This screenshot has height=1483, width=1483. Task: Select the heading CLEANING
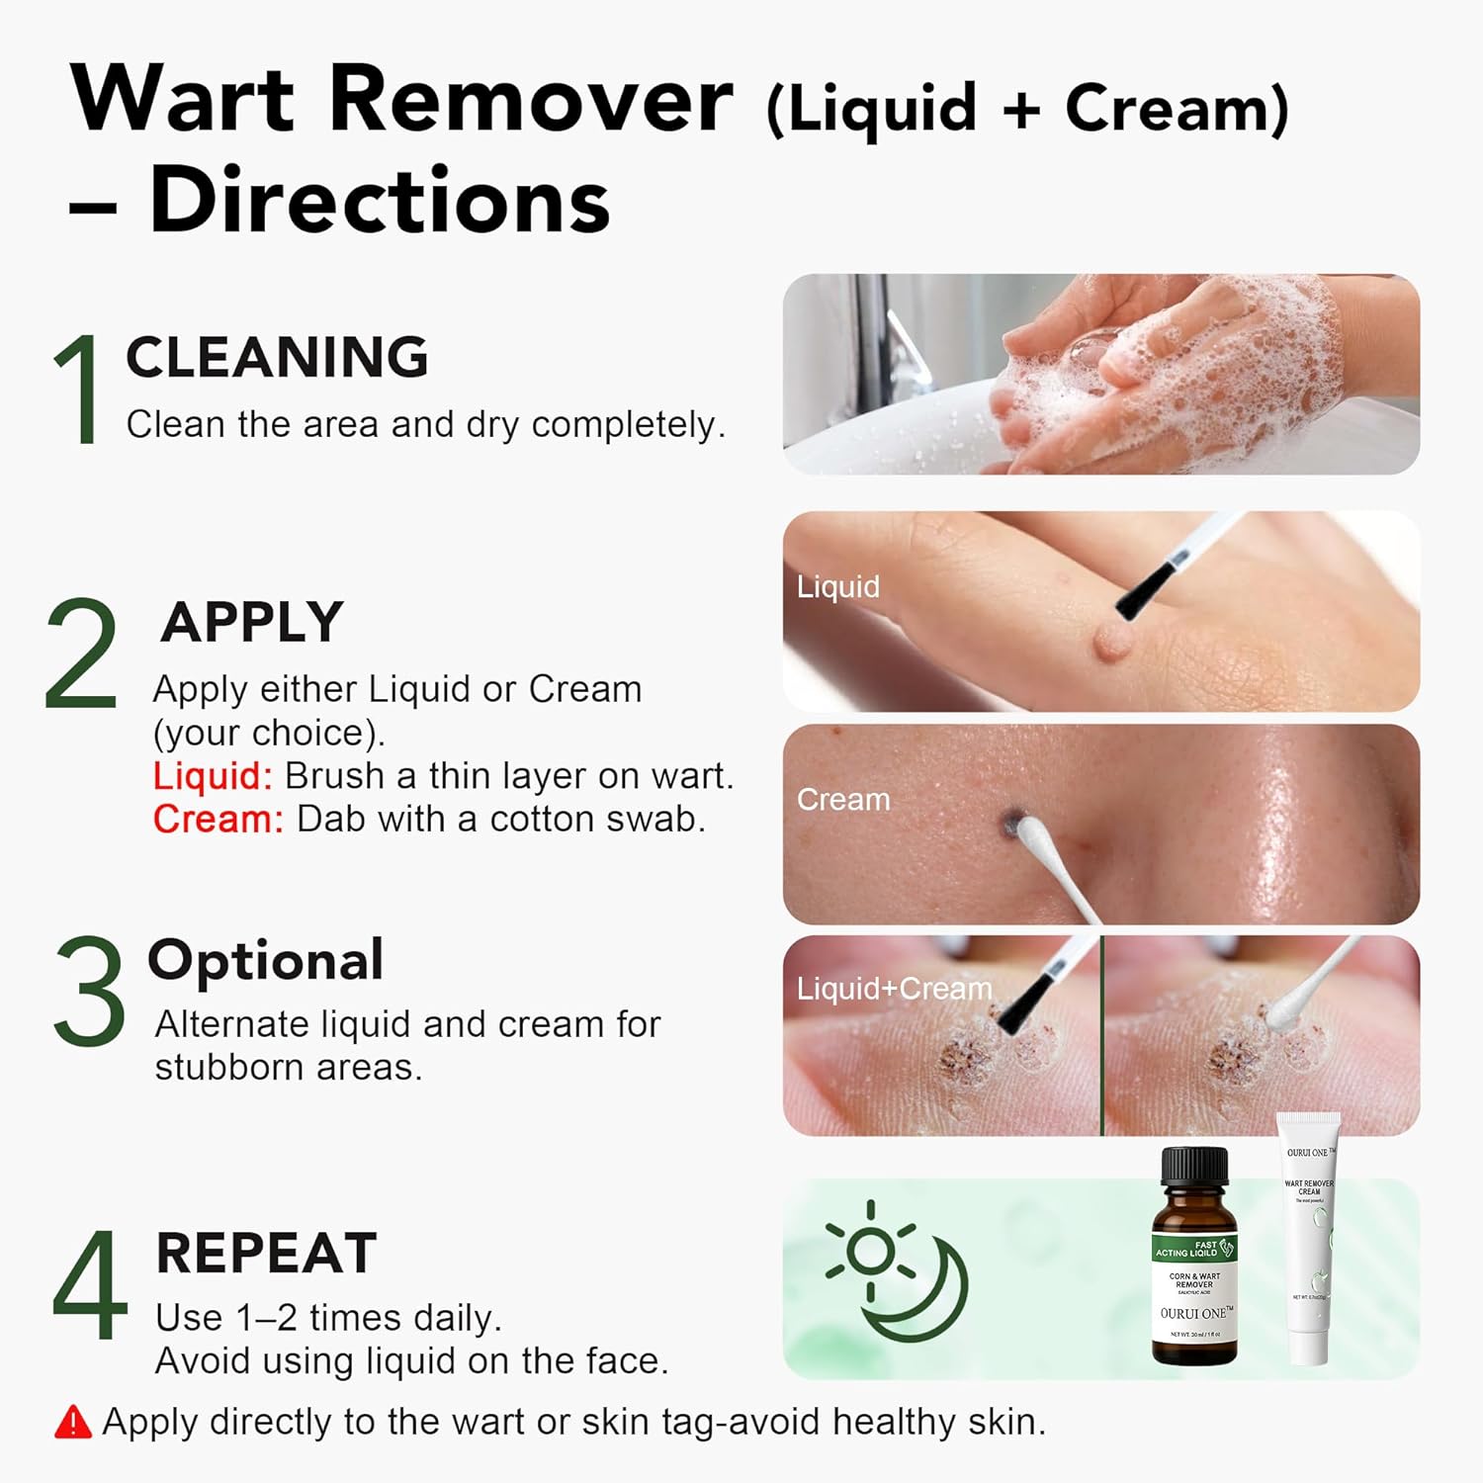[x=277, y=357]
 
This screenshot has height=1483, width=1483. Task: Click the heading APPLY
[x=252, y=622]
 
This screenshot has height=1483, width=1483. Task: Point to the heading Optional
[x=265, y=960]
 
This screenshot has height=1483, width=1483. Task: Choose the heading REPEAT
[x=267, y=1253]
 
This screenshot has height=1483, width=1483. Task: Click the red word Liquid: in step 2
[x=212, y=776]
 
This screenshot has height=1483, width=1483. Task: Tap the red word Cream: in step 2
[x=218, y=820]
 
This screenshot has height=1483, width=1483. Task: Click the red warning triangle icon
[x=73, y=1422]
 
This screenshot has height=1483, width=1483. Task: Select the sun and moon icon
[x=895, y=1270]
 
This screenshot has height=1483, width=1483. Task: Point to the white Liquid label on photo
[x=837, y=586]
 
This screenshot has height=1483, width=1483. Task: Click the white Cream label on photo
[x=842, y=799]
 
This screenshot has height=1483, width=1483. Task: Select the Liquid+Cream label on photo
[x=894, y=988]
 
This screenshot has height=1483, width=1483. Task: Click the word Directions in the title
[x=379, y=200]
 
